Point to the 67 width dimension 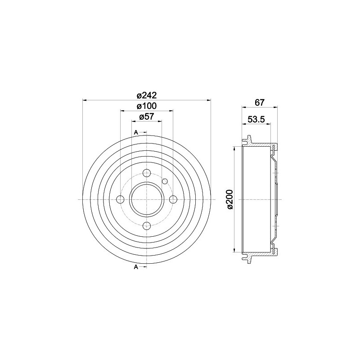click(260, 102)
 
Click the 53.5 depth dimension click(256, 119)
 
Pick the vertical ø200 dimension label click(229, 199)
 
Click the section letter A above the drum click(136, 132)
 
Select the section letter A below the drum click(136, 267)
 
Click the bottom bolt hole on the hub click(147, 226)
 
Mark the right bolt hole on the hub click(173, 199)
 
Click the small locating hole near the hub click(165, 181)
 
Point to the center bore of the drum click(147, 199)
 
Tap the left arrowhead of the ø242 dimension click(85, 100)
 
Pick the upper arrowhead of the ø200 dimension click(234, 149)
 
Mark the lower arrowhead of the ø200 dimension click(234, 250)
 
